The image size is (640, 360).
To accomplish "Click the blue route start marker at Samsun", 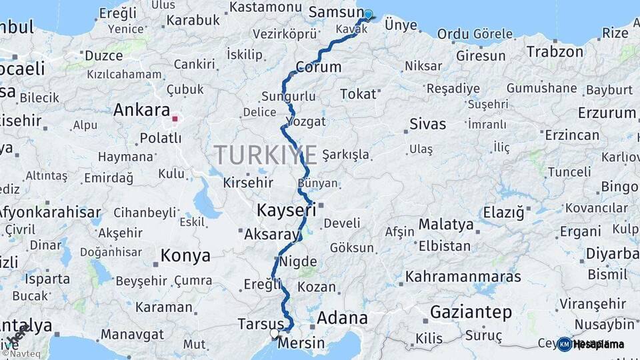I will tap(367, 14).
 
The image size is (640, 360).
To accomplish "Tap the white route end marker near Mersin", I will tap(274, 333).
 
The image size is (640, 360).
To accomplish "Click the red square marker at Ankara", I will tap(175, 119).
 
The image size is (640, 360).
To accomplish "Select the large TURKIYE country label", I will tap(265, 155).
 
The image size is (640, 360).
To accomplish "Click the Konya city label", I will tap(185, 255).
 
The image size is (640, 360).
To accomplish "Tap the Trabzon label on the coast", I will tap(554, 51).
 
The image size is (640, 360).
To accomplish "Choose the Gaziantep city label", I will tap(471, 311).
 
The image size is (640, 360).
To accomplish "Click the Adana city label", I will tap(341, 318).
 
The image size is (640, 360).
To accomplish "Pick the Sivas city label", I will tap(427, 123).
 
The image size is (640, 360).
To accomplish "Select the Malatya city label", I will tap(446, 224).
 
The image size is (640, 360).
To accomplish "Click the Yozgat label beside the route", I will tap(306, 121).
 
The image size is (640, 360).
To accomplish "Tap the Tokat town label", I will tap(358, 94).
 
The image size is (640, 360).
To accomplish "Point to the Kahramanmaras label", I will tap(463, 275).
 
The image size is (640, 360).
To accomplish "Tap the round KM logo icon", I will tap(565, 344).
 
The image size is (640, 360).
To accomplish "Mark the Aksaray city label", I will tap(273, 235).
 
